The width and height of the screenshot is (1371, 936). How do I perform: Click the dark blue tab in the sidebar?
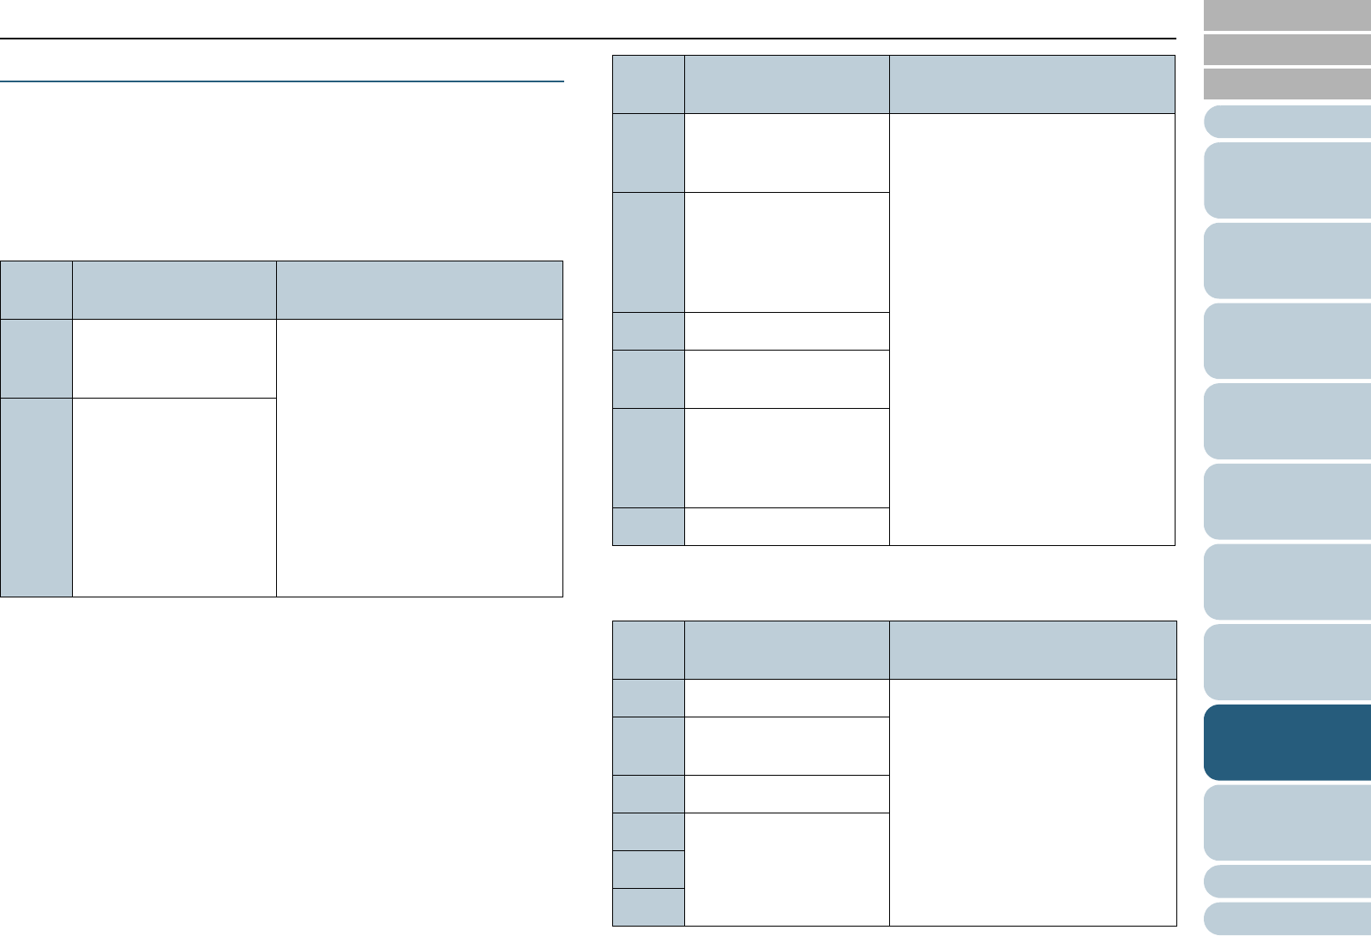click(1287, 742)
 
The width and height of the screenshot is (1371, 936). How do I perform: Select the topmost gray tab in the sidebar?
click(1287, 15)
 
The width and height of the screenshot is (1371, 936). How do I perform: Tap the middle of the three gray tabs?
click(1287, 50)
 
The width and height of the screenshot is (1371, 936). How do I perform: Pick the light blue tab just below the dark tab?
click(1287, 822)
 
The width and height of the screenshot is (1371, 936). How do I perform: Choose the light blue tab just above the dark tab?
click(1287, 662)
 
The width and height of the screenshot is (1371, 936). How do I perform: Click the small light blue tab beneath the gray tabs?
click(1287, 122)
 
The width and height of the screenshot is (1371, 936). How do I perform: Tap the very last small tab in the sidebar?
click(1287, 918)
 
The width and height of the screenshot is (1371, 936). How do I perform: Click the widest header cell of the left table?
click(419, 291)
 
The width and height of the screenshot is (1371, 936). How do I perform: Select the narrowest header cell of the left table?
click(37, 291)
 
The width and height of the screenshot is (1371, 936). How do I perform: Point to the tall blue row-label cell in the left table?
click(37, 497)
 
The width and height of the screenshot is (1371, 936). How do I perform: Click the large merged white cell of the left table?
click(419, 458)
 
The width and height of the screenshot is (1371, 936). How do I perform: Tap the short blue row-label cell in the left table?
click(37, 358)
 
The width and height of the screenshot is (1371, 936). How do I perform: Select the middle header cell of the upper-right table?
click(787, 85)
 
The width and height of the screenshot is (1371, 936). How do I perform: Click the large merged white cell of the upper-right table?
click(1031, 329)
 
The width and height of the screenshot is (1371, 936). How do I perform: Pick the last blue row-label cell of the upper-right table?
click(649, 526)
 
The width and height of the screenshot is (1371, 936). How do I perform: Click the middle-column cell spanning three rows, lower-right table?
click(787, 869)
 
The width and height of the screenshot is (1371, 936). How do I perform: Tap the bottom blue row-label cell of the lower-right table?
click(649, 907)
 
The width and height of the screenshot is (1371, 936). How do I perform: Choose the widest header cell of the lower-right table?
click(1031, 651)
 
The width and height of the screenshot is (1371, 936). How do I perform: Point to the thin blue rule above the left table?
click(282, 81)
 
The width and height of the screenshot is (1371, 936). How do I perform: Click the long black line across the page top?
click(587, 39)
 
